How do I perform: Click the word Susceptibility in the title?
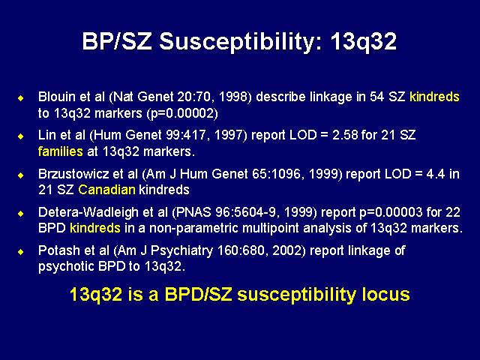(241, 43)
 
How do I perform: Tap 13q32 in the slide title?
(363, 42)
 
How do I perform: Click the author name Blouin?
(57, 97)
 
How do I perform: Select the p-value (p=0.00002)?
(182, 114)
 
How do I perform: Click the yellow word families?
(60, 151)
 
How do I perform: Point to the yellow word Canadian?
(106, 190)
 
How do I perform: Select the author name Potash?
(58, 250)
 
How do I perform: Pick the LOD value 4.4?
(436, 174)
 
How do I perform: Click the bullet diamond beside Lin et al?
(21, 136)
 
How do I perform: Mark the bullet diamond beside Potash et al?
(21, 252)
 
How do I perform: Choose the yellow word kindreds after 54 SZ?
(434, 97)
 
